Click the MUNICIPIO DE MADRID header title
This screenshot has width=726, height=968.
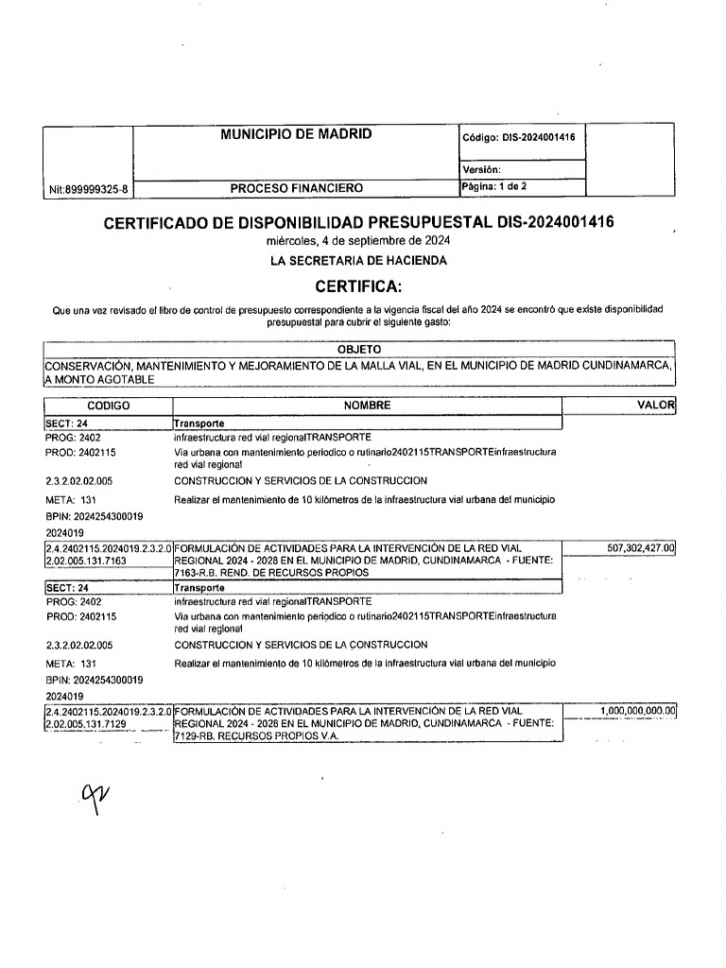click(296, 134)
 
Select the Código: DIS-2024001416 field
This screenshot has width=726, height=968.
click(519, 138)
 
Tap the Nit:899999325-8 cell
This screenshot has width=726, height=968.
click(89, 189)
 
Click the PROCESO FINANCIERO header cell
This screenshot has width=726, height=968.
click(296, 188)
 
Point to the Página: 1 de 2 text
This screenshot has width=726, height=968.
click(494, 187)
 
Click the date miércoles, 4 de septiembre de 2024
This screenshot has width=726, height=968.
click(358, 242)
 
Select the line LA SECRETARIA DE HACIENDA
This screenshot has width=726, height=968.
click(358, 260)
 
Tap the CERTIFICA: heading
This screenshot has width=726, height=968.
click(358, 286)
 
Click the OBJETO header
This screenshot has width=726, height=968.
click(358, 350)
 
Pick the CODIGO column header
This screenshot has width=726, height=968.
click(107, 406)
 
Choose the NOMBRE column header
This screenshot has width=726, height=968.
click(367, 406)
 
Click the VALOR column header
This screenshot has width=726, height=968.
click(657, 406)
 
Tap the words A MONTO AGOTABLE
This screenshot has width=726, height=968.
click(98, 379)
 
